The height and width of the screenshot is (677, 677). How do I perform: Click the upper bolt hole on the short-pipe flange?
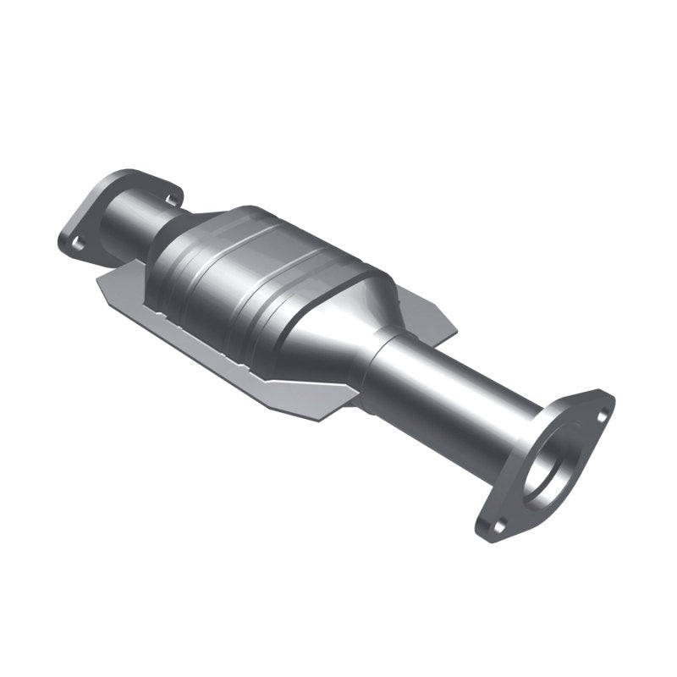(x=173, y=200)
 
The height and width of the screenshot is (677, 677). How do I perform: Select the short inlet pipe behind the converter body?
(x=135, y=222)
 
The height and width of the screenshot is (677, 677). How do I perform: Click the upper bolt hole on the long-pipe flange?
(x=602, y=415)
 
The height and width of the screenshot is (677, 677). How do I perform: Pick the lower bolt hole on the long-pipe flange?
(x=498, y=525)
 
